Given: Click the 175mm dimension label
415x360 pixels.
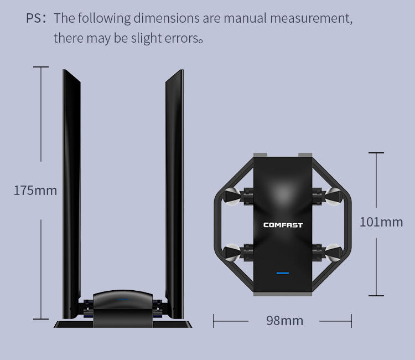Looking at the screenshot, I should pyautogui.click(x=35, y=191).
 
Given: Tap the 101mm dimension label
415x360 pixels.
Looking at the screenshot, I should pyautogui.click(x=381, y=222).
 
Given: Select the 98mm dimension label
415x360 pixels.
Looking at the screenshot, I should pyautogui.click(x=284, y=321).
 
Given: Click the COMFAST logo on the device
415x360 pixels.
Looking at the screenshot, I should pyautogui.click(x=283, y=225).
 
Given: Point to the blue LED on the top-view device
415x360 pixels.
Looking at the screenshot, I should pyautogui.click(x=283, y=272).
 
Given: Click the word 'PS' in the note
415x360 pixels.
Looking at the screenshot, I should pyautogui.click(x=36, y=18).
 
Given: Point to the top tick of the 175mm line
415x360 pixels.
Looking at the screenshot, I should pyautogui.click(x=41, y=67).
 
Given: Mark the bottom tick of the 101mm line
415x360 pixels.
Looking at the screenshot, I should pyautogui.click(x=376, y=296).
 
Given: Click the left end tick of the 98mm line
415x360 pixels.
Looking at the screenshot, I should pyautogui.click(x=214, y=321).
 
